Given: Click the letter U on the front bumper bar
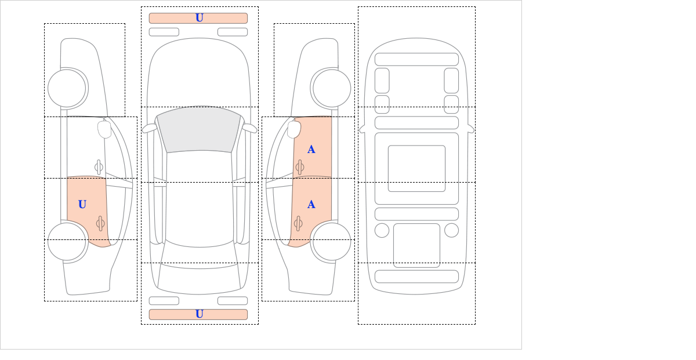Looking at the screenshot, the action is pyautogui.click(x=200, y=18).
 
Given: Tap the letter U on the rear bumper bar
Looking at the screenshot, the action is pyautogui.click(x=200, y=314).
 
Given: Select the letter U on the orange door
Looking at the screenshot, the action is pyautogui.click(x=82, y=205).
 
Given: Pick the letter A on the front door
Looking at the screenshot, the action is pyautogui.click(x=311, y=150).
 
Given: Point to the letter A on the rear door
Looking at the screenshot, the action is pyautogui.click(x=311, y=205).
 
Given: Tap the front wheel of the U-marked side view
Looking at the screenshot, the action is pyautogui.click(x=67, y=88).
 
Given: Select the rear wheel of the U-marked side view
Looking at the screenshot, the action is pyautogui.click(x=67, y=241).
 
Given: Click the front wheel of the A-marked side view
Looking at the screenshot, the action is pyautogui.click(x=332, y=88).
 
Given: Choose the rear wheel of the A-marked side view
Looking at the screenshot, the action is pyautogui.click(x=332, y=241).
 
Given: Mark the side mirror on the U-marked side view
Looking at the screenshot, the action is pyautogui.click(x=104, y=129).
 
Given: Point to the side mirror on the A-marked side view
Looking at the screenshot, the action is pyautogui.click(x=294, y=129).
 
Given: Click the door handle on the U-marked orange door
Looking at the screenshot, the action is pyautogui.click(x=100, y=223).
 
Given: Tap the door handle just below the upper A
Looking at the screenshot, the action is pyautogui.click(x=300, y=168).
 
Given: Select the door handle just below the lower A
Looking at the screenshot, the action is pyautogui.click(x=298, y=223).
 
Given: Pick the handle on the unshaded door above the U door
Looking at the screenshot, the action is pyautogui.click(x=99, y=168).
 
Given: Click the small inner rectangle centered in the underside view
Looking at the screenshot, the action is pyautogui.click(x=416, y=168).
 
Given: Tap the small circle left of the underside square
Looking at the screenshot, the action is pyautogui.click(x=382, y=231).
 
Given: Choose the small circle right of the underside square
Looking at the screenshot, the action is pyautogui.click(x=451, y=231).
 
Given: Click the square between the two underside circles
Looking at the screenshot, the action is pyautogui.click(x=416, y=245).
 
